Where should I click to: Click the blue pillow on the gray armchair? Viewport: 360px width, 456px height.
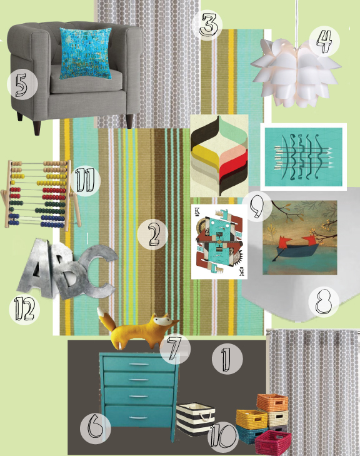[86, 54]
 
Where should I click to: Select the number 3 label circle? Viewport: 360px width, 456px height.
[208, 25]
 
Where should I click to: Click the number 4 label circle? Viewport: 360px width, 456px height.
[324, 42]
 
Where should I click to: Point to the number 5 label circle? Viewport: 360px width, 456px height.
[22, 84]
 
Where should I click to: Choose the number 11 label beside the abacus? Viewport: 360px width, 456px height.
[85, 181]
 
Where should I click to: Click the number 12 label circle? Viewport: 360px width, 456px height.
[24, 309]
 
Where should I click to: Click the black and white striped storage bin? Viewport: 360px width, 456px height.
[196, 418]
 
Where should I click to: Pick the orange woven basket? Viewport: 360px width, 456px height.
[272, 403]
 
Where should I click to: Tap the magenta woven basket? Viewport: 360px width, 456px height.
[273, 442]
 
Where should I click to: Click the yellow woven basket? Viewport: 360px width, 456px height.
[252, 419]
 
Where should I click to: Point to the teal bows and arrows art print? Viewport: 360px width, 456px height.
[304, 157]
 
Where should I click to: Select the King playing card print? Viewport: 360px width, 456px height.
[219, 241]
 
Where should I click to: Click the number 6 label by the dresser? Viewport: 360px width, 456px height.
[95, 428]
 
